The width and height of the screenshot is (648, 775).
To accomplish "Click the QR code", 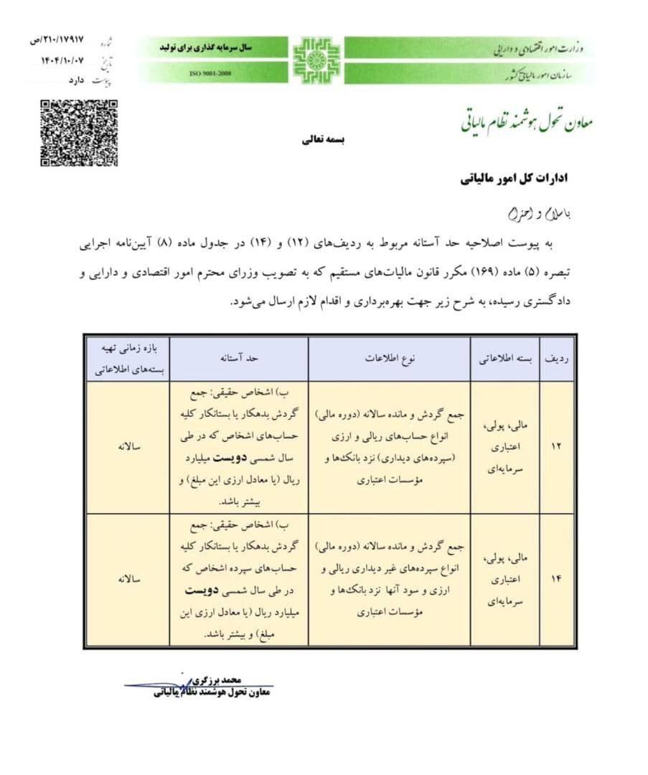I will [x=78, y=133].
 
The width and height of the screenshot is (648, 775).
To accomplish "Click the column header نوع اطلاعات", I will [x=390, y=357].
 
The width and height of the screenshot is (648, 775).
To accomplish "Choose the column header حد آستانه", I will [x=240, y=357].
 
